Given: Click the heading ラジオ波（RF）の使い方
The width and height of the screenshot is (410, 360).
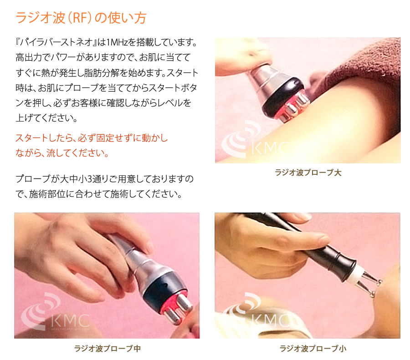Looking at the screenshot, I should point(81,18).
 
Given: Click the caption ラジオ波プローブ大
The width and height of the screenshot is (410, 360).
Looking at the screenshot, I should point(307,173).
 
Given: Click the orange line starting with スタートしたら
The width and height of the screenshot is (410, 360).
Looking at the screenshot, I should point(92,137).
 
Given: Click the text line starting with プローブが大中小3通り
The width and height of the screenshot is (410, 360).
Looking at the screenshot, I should point(104,177).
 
